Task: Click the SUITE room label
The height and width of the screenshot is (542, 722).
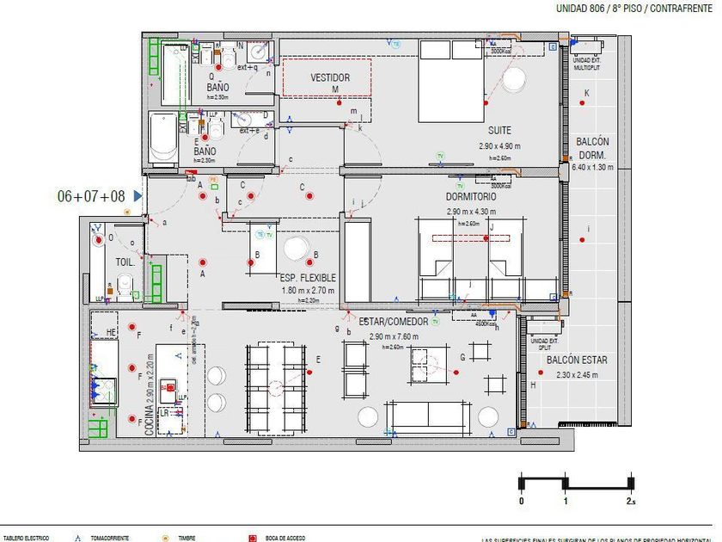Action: point(499,130)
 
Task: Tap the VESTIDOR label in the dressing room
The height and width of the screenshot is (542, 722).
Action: point(331,78)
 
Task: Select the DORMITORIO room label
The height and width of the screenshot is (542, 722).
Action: point(472,197)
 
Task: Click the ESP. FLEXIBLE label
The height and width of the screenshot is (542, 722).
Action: point(308,278)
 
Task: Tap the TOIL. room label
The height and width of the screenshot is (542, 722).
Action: point(124,262)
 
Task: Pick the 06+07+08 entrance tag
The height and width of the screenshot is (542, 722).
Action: point(91,196)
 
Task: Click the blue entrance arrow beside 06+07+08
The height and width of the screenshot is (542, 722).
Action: point(138,196)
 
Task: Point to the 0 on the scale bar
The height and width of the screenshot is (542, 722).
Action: point(521,501)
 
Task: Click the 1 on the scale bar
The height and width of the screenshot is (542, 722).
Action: point(565,501)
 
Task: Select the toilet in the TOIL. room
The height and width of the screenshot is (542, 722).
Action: point(125,284)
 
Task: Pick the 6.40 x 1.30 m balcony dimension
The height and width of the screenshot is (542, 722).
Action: point(593,167)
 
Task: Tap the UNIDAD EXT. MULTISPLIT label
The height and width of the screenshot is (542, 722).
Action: point(588,63)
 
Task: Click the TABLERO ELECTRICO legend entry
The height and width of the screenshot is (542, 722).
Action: point(26,538)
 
